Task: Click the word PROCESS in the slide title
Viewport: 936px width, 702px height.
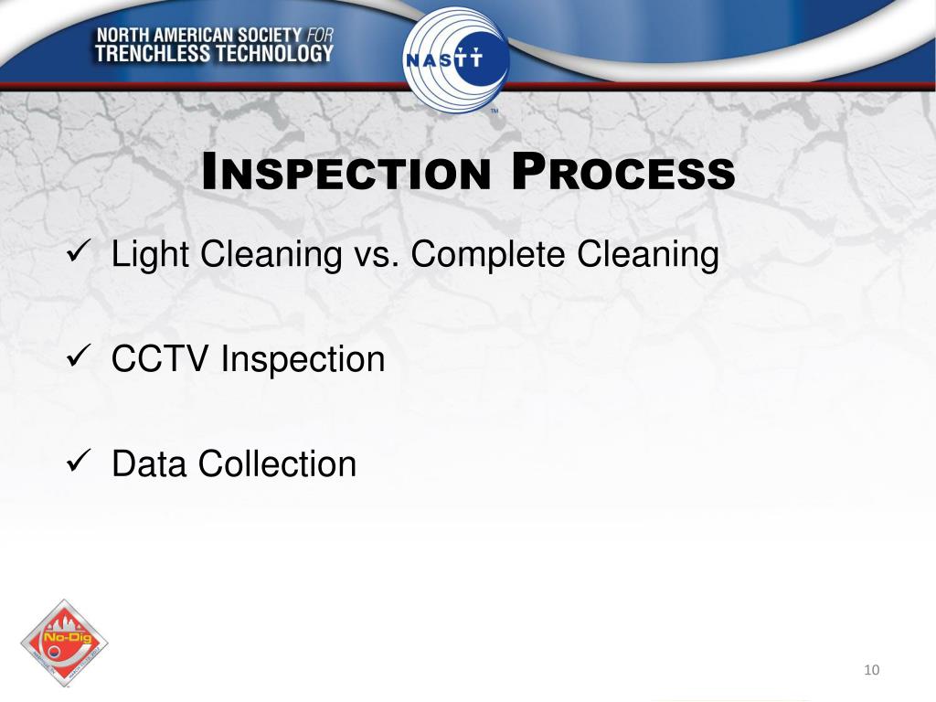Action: click(622, 173)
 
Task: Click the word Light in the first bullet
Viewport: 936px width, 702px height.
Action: click(151, 255)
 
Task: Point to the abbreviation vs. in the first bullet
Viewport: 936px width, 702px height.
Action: click(376, 255)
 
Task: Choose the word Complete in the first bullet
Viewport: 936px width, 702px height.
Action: click(488, 255)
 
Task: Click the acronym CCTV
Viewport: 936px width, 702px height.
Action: click(161, 359)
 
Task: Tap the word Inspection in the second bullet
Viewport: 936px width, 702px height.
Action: click(303, 360)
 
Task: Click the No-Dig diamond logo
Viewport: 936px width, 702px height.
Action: click(64, 643)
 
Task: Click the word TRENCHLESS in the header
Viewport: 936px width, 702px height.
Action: click(152, 54)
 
